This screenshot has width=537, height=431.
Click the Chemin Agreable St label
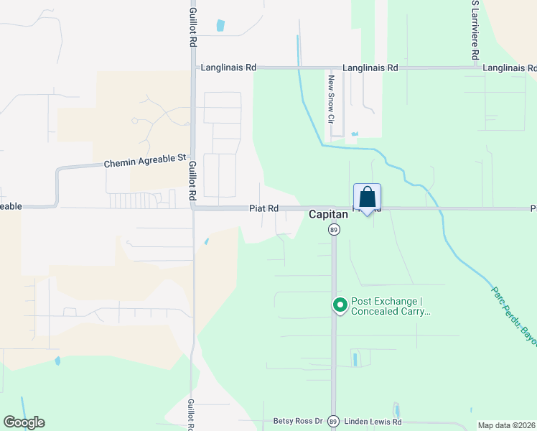coord(145,163)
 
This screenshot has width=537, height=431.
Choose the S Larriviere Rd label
coord(475,30)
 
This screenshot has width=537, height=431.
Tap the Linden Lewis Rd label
coord(373,422)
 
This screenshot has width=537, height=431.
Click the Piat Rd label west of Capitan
coord(263,208)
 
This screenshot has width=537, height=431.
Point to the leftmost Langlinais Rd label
coord(228,68)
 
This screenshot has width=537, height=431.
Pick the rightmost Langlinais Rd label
coord(509,68)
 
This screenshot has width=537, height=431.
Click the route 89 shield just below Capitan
coord(334,229)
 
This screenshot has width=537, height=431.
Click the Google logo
coord(24,422)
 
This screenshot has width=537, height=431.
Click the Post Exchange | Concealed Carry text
coord(390,306)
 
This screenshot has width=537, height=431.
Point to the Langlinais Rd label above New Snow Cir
coord(370,68)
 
